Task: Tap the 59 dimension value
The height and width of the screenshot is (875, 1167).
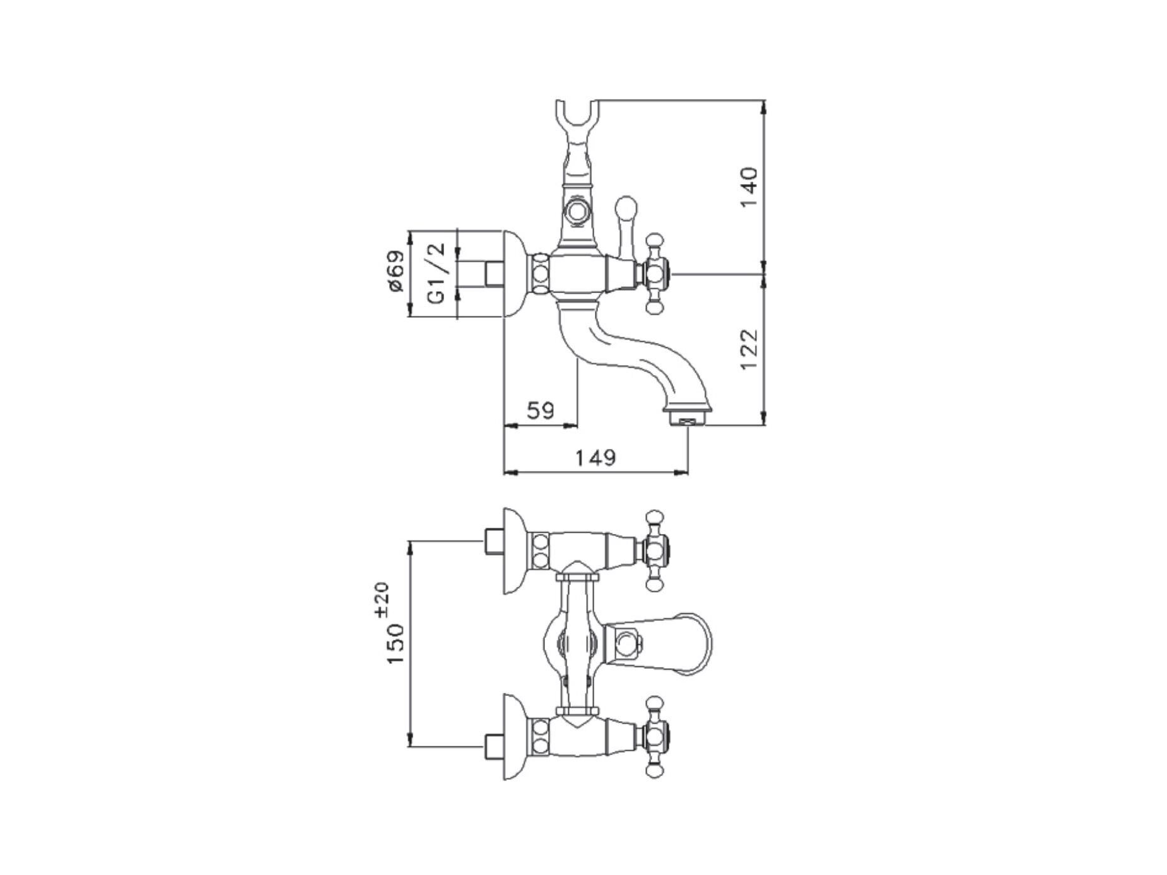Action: pos(541,410)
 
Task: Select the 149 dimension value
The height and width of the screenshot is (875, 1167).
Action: pos(595,457)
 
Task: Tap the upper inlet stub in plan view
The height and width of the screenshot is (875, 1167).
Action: pos(494,542)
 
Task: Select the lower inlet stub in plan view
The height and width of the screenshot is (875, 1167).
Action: pos(494,746)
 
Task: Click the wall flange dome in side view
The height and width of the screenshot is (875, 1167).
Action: pos(517,274)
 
